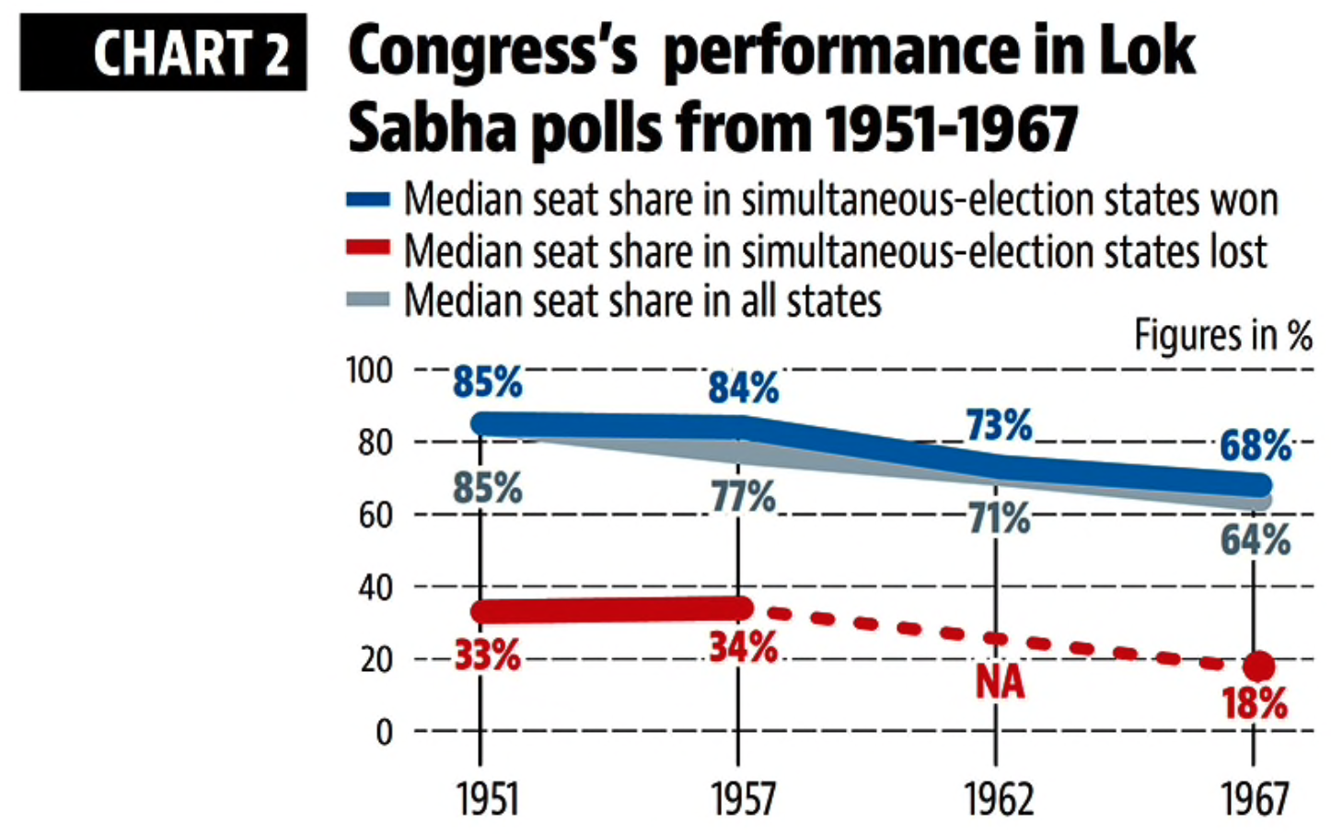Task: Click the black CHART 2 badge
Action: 163,52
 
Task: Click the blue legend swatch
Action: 367,200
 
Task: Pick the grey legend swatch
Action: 367,300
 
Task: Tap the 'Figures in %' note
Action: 1222,335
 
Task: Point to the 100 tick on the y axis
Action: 368,370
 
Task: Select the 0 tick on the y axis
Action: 384,733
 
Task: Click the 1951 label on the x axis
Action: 488,798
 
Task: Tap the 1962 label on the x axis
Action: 999,798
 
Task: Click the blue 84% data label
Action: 744,388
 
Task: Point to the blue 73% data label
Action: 1000,426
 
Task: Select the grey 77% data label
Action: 744,497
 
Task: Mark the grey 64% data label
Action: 1256,539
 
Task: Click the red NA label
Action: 1000,682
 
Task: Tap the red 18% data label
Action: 1256,704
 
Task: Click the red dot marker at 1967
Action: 1258,666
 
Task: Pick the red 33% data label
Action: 488,655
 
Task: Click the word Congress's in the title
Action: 492,52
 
